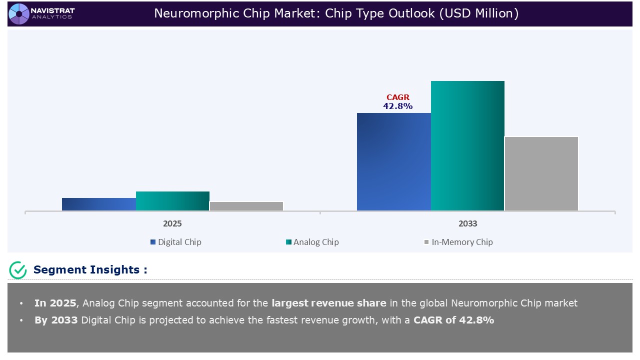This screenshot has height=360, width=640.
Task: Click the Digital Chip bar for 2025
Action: coord(99,204)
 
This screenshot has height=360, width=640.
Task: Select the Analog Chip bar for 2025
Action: coord(172,201)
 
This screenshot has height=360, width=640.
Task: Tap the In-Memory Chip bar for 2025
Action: coord(246,206)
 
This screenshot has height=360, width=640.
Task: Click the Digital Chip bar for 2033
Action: coord(393,161)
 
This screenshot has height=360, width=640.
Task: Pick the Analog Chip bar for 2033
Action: coord(467,145)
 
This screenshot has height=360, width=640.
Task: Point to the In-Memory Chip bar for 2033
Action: coord(541,173)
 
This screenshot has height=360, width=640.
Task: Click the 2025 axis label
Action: coord(172,223)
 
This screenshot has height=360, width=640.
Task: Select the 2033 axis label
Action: coord(467,223)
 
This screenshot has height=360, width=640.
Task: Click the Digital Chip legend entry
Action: coord(175,242)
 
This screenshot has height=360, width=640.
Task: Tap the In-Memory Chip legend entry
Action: coord(458,242)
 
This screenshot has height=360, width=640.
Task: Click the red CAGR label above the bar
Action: coord(398,97)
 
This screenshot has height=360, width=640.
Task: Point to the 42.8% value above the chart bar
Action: coord(398,106)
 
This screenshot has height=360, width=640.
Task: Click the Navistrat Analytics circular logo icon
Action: coord(19,13)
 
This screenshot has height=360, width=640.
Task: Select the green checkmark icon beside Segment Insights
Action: coord(18,270)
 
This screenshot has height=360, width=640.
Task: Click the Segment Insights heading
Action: coord(90,270)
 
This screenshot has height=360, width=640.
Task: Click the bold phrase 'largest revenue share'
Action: coord(328,303)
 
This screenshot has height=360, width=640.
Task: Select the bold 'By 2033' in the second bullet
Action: coord(56,320)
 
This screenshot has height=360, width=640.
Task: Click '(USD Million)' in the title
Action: coord(478,13)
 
